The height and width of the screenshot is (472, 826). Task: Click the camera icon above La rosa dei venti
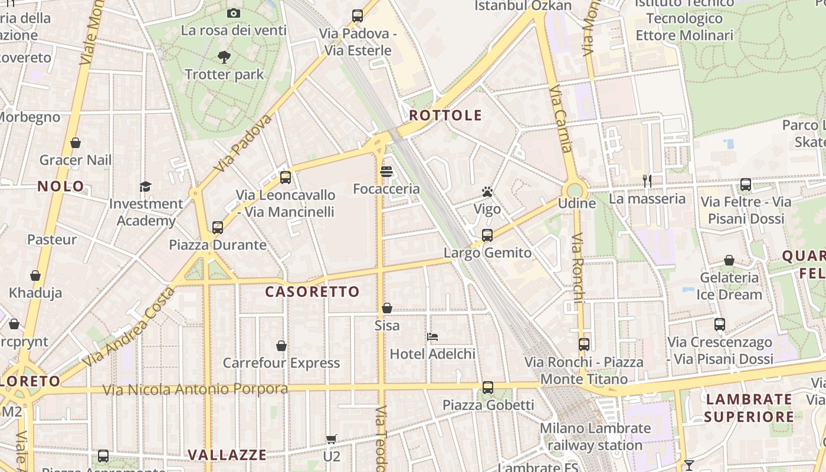tap(234, 13)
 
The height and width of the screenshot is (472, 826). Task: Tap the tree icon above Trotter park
tap(224, 57)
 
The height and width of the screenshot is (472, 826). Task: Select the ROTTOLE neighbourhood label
tap(445, 115)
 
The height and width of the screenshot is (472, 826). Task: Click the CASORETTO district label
tap(312, 291)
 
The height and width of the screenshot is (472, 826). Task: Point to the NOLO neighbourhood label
tap(61, 186)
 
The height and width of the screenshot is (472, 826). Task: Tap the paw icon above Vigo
tap(487, 192)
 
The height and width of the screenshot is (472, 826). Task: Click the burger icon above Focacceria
tap(386, 172)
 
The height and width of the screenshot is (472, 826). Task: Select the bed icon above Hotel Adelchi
tap(432, 337)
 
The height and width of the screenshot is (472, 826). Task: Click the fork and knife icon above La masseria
tap(647, 181)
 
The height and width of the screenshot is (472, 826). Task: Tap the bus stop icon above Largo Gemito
tap(487, 235)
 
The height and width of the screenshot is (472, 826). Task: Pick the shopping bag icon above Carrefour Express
tap(281, 345)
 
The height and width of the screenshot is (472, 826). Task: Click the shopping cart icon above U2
tap(332, 439)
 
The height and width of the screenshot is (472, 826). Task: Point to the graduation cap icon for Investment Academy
tap(145, 186)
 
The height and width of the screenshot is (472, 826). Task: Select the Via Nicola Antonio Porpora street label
tap(195, 389)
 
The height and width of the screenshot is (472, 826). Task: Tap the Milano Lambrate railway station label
tap(595, 437)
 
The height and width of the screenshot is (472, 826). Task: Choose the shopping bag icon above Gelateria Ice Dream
tap(729, 260)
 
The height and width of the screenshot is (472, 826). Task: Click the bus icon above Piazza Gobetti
tap(487, 388)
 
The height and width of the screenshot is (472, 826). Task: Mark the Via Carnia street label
tap(561, 119)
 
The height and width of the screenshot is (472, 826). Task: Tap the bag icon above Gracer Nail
tap(76, 143)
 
